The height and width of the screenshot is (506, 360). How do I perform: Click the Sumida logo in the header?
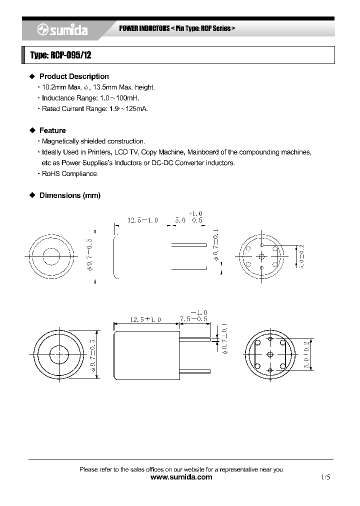(62, 30)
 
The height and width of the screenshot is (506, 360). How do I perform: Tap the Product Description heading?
(73, 76)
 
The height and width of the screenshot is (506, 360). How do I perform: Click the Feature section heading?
(52, 130)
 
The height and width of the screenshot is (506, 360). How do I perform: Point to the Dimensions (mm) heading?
(69, 195)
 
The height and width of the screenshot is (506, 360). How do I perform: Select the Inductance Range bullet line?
(90, 98)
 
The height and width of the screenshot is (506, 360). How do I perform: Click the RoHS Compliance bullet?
(70, 173)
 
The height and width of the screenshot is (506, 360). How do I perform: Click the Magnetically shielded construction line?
(93, 141)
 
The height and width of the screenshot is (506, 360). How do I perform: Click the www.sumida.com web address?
(181, 477)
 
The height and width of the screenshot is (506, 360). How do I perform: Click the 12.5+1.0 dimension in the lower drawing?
(145, 319)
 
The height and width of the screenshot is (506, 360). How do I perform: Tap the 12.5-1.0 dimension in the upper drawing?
(142, 220)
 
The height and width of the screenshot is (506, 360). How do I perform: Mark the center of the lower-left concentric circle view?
(59, 354)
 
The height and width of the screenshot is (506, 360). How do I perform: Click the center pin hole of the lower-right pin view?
(270, 354)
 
